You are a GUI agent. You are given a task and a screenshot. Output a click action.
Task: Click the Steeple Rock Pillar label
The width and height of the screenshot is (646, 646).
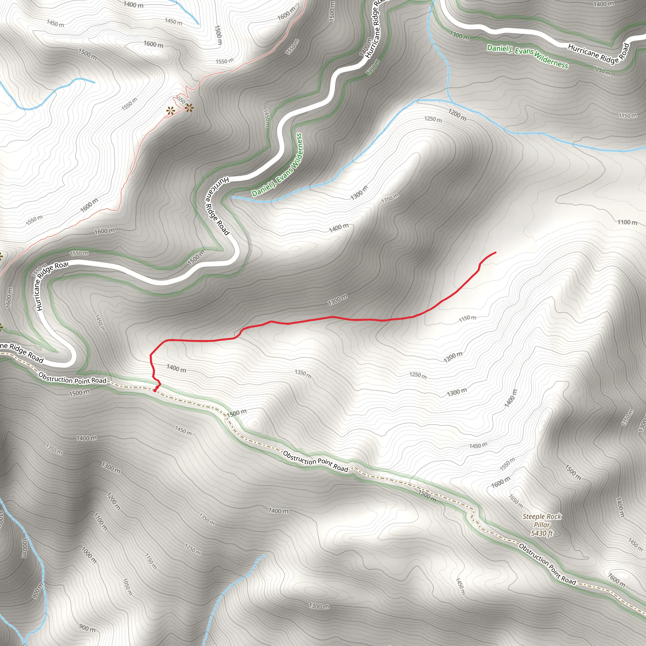pos(542,520)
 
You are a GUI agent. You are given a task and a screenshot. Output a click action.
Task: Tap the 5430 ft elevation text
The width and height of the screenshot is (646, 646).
pos(542,533)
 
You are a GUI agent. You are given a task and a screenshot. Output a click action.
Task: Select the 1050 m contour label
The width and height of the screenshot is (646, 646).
pos(127,587)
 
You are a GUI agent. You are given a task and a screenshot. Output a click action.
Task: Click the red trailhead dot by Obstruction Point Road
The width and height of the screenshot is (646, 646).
pos(155,390)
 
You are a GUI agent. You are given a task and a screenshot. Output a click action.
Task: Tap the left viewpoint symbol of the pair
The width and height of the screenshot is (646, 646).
pos(171,111)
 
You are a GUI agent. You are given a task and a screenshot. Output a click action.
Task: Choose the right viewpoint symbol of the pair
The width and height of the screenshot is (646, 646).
pos(189,108)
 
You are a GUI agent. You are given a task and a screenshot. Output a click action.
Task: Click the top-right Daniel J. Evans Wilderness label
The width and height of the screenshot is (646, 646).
pos(527,56)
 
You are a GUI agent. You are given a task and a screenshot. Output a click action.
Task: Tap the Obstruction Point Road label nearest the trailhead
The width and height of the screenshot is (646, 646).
pos(72,378)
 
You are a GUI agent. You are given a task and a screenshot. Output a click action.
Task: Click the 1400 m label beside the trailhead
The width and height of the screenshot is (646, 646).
pos(176,368)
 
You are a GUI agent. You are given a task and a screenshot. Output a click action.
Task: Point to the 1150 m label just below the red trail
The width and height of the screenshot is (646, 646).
pos(467,318)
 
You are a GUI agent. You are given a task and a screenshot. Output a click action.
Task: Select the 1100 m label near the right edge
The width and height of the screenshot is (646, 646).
pos(627,222)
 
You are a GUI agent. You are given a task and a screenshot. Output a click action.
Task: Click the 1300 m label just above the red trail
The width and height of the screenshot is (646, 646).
pos(338,300)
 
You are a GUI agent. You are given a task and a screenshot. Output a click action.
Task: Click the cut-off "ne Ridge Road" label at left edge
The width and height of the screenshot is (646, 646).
pos(22,352)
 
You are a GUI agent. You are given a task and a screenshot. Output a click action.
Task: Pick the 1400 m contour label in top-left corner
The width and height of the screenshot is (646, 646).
pos(133,5)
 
